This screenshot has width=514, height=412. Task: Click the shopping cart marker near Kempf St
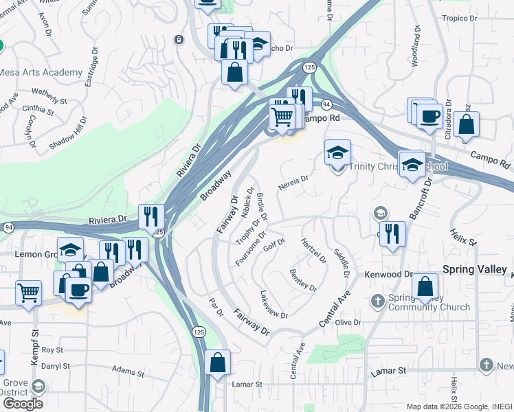(28, 293)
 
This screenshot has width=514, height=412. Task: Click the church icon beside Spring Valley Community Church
(377, 301)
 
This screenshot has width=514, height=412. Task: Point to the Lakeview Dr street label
(273, 305)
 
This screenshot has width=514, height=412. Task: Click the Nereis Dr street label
(293, 183)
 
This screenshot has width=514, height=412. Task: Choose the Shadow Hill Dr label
(68, 134)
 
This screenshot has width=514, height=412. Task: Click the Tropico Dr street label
(460, 18)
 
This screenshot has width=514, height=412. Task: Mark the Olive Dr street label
(348, 322)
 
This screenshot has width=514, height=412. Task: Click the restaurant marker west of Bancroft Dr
(392, 233)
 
